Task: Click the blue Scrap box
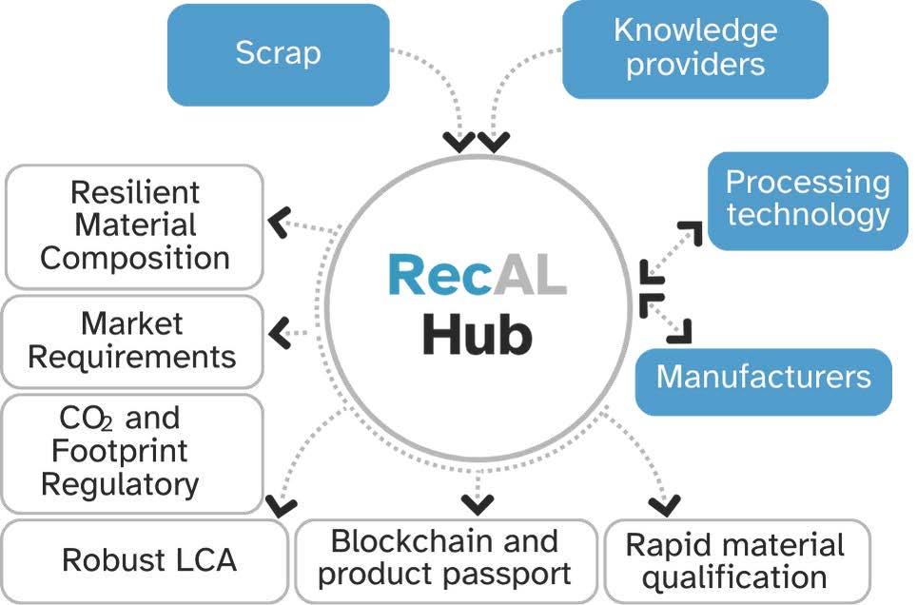(x=278, y=53)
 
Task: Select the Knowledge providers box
(x=694, y=48)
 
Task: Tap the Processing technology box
(x=808, y=200)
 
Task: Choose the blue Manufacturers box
(x=763, y=379)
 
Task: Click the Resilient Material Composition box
(x=134, y=225)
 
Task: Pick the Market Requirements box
(x=132, y=341)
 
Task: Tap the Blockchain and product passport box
(x=444, y=558)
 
